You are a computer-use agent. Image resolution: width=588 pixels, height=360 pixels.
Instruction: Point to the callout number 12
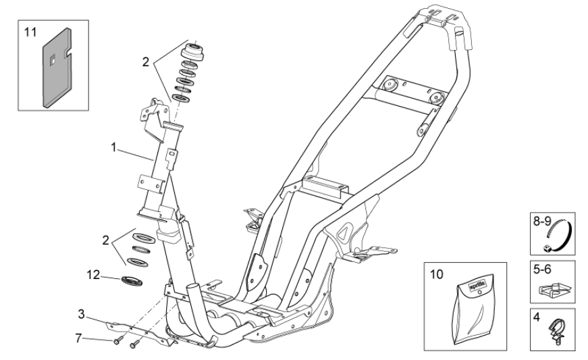[x=94, y=274]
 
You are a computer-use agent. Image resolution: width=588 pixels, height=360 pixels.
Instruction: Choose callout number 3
[x=81, y=314]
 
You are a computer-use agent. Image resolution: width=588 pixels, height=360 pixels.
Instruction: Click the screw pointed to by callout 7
[x=119, y=341]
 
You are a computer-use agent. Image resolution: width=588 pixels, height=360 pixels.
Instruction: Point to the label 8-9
[x=542, y=221]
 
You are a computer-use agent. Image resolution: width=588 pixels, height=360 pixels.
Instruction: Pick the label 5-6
[x=541, y=269]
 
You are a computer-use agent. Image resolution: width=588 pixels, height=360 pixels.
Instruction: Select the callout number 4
[x=537, y=315]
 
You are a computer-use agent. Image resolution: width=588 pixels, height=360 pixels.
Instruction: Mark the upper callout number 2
[x=144, y=60]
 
